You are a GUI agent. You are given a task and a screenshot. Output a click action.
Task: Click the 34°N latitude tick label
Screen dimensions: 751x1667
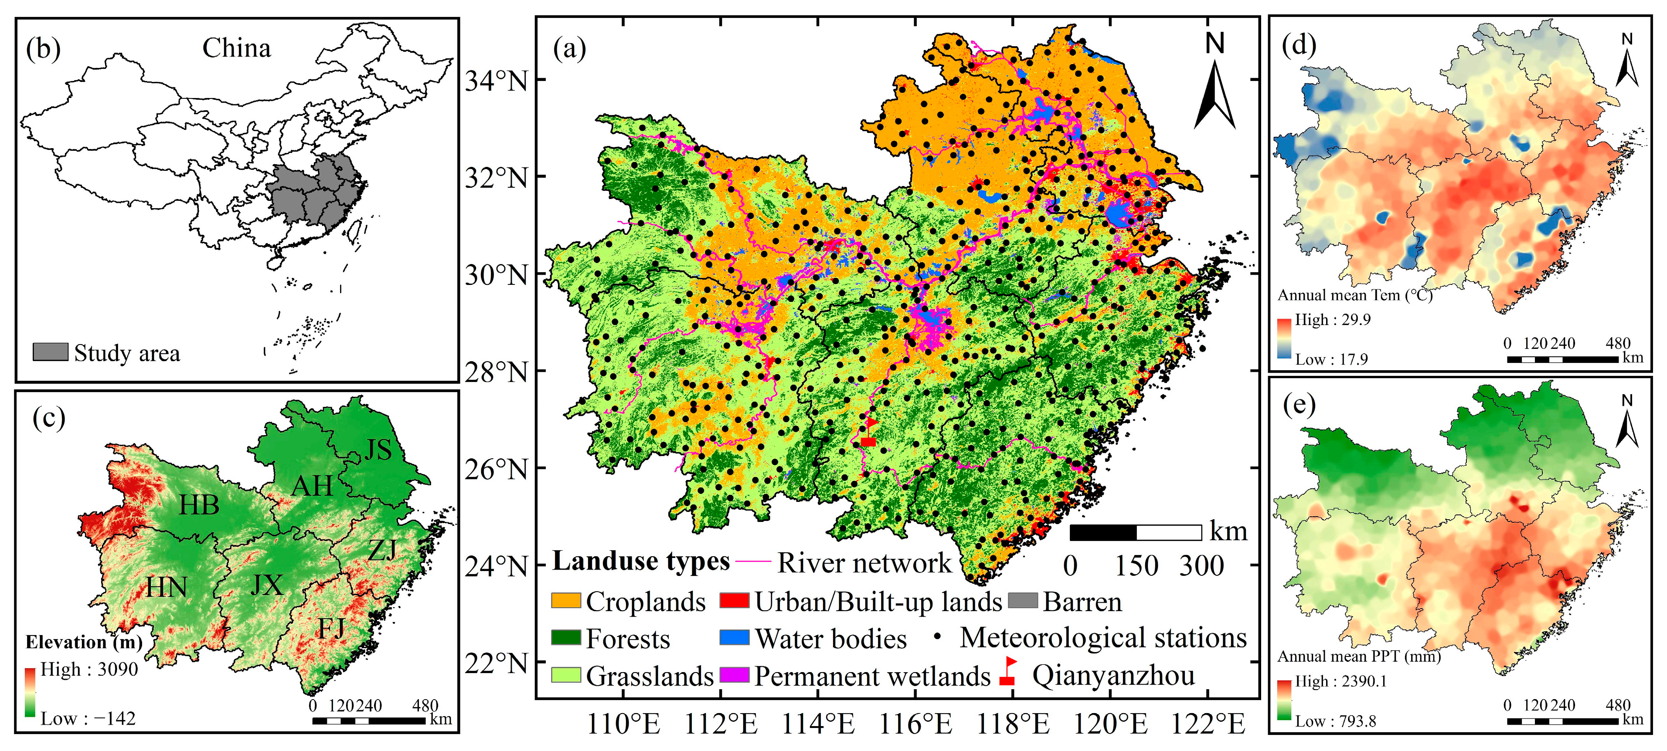click(x=496, y=81)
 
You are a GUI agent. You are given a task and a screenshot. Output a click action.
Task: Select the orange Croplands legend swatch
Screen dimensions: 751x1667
click(x=565, y=600)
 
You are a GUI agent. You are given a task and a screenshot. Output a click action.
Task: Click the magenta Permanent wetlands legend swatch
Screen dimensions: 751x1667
click(x=734, y=675)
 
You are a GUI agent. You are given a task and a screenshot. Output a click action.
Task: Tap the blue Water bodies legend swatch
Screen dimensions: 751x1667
click(x=734, y=638)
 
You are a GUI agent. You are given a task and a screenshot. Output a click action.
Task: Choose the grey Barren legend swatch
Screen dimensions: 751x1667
click(x=1022, y=600)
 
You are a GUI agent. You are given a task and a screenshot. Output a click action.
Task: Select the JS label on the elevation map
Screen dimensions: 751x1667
click(x=378, y=450)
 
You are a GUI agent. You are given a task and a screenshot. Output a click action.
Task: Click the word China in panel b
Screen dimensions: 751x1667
click(x=236, y=48)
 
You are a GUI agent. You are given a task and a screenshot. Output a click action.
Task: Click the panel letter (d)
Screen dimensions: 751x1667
click(x=1299, y=45)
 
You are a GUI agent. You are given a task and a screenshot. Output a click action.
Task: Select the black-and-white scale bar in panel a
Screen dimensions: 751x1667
click(x=1136, y=532)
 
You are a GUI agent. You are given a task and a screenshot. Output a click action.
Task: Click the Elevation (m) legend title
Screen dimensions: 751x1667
click(x=83, y=642)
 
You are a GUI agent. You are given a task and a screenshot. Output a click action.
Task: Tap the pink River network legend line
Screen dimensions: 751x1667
click(x=753, y=562)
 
